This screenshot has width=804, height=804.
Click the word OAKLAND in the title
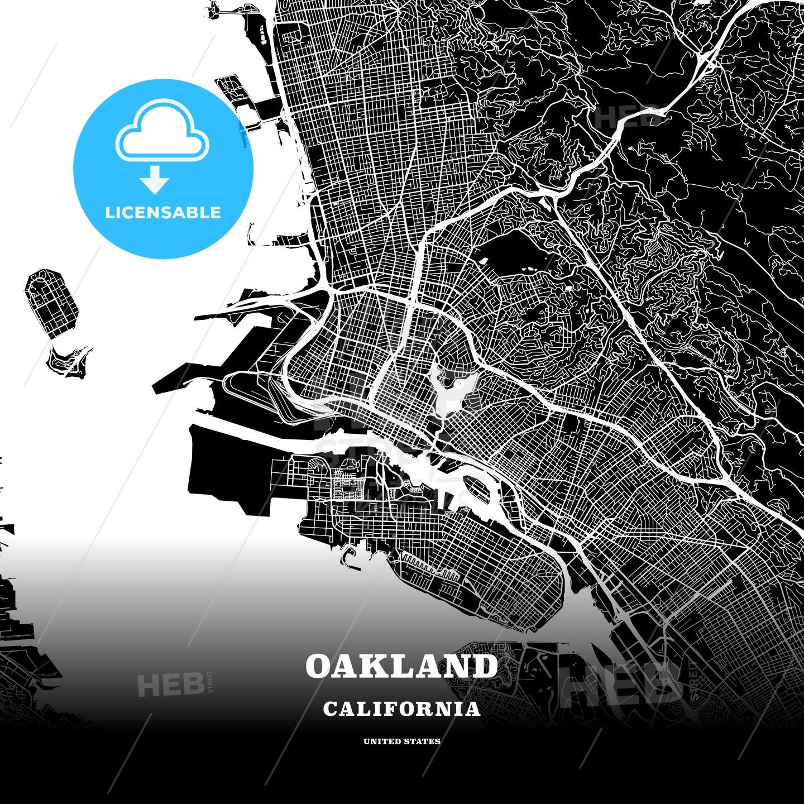(401, 667)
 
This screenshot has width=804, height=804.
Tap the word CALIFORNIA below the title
(401, 709)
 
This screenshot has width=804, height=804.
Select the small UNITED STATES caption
(401, 741)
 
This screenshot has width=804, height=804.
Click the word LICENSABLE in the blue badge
(163, 212)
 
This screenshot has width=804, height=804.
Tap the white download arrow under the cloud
(155, 180)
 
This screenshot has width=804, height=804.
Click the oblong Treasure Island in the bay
(51, 302)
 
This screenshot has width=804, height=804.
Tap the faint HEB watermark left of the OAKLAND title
(170, 685)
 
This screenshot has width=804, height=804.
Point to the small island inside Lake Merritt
(448, 382)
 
